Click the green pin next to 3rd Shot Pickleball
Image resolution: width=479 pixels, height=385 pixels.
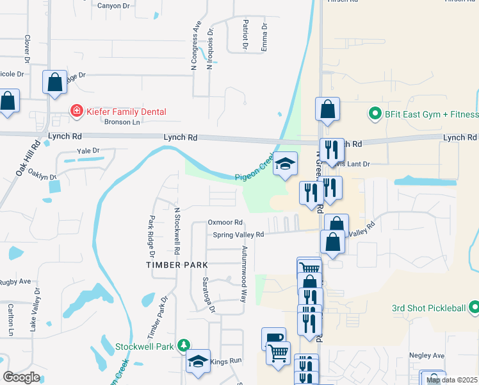tap(474, 308)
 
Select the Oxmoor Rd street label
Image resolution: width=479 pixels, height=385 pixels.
tap(225, 222)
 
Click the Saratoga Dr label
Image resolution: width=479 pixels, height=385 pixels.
tap(208, 293)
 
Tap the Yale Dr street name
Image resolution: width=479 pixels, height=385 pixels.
tap(88, 151)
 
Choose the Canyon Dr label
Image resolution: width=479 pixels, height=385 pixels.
tap(113, 5)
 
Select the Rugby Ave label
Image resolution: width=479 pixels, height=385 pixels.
tap(15, 281)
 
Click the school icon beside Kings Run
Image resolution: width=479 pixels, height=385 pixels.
tap(198, 361)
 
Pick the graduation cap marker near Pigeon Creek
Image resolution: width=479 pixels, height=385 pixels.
tap(285, 164)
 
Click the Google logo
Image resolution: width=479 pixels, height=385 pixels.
tap(21, 377)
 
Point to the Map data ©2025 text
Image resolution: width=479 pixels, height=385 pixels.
tap(451, 380)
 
